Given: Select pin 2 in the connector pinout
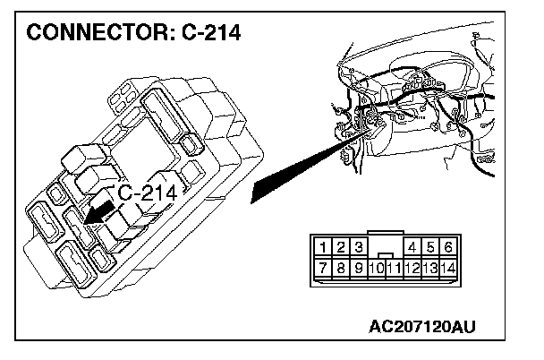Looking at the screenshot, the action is pyautogui.click(x=340, y=245).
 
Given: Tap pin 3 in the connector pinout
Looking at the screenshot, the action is pyautogui.click(x=358, y=245).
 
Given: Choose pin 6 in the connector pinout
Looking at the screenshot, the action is pyautogui.click(x=447, y=245).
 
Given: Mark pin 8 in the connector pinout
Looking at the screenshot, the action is pyautogui.click(x=340, y=267).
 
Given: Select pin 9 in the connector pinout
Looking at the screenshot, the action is pyautogui.click(x=358, y=267).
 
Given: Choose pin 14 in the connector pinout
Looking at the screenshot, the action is pyautogui.click(x=448, y=267).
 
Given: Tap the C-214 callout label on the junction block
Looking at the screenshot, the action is pyautogui.click(x=152, y=193).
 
